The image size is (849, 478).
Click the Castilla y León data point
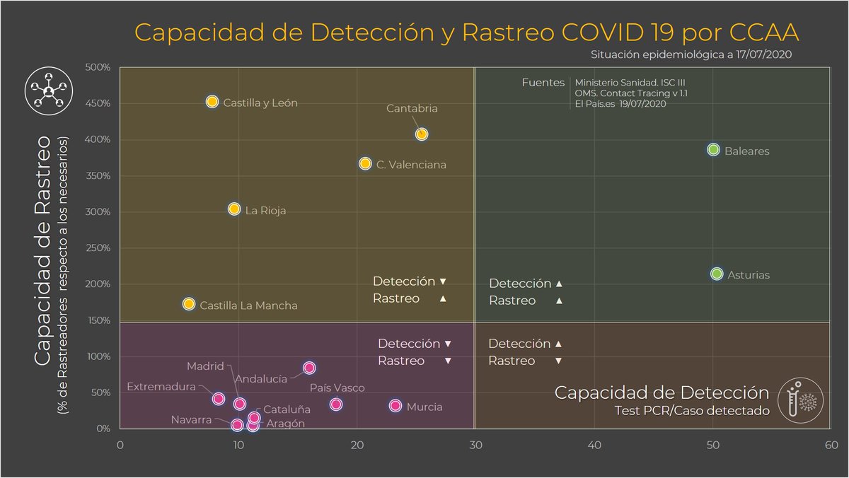pos(212,102)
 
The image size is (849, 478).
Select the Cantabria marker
pos(422,134)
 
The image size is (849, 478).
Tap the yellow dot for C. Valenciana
pos(365,163)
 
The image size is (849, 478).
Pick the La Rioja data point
pos(234,209)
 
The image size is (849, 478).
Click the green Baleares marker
pos(713,150)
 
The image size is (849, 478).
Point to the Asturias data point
pos(716,274)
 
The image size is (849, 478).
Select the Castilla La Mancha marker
pos(189,304)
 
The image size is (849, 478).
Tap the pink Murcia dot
pos(395,406)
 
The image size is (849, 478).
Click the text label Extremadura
pos(161,387)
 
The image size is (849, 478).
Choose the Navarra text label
pos(191,420)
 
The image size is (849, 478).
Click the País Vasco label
pos(337,388)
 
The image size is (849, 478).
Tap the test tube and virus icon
pos(800,400)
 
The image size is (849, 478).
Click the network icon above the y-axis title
pos(48,91)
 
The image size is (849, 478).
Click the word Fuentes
pos(543,83)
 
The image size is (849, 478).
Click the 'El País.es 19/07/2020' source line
pos(620,104)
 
